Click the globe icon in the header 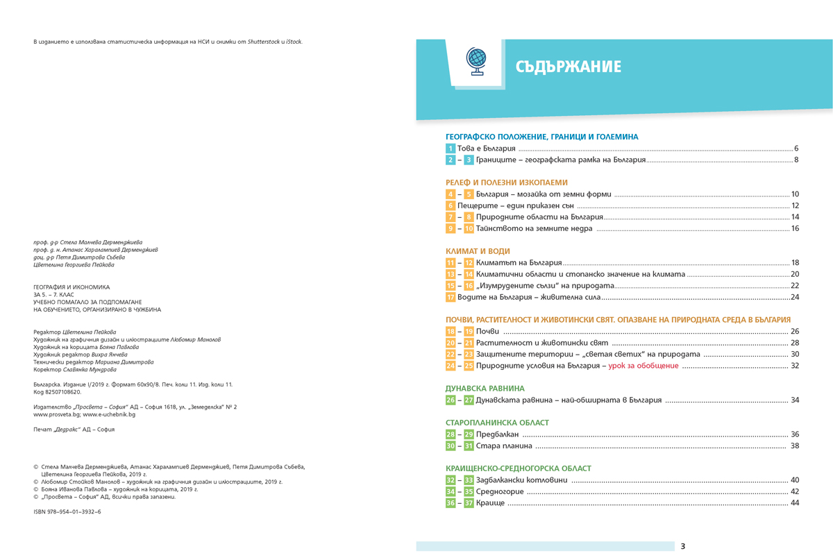[476, 62]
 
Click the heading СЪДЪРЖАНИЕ [568, 67]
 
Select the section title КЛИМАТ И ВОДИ [478, 251]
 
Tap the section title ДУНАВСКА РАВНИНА [485, 389]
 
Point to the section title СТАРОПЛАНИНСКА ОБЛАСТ [497, 423]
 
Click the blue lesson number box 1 [451, 149]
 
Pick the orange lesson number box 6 [451, 206]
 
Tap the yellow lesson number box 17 [451, 297]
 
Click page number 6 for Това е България [797, 149]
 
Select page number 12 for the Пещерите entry [796, 206]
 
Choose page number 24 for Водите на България [796, 297]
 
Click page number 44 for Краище [795, 503]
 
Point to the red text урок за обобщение [643, 366]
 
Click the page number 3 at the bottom [683, 546]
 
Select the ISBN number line [67, 511]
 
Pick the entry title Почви [487, 332]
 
